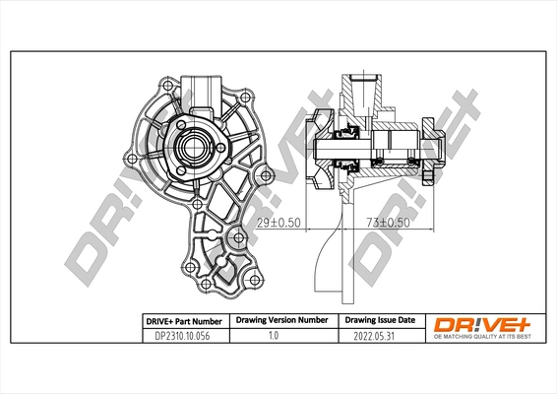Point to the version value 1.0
click(280, 335)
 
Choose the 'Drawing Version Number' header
click(280, 320)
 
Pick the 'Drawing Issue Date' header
click(379, 320)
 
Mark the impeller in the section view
click(322, 151)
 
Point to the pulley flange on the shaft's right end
click(429, 151)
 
